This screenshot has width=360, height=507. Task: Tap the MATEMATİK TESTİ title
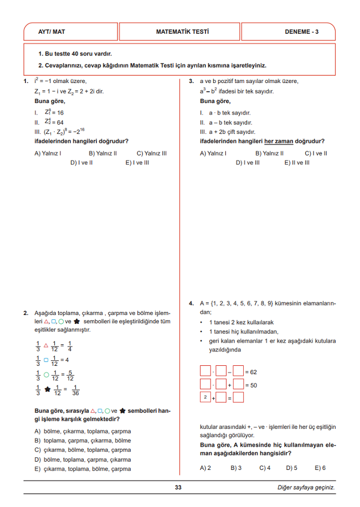(182, 32)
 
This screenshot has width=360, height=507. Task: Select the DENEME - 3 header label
(301, 32)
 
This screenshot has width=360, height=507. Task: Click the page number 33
(178, 488)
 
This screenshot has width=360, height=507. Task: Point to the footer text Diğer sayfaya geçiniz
(306, 488)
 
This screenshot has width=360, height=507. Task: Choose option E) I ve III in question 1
(137, 163)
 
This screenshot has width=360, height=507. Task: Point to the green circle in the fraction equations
(47, 376)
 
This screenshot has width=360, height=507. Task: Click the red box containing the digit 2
(205, 397)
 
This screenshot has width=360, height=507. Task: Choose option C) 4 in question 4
(265, 468)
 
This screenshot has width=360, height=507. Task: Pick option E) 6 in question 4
(320, 468)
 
